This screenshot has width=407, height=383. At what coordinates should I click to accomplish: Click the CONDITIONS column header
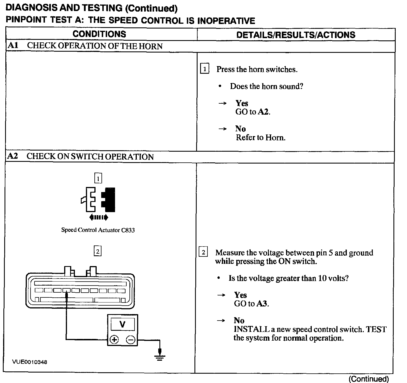pos(99,34)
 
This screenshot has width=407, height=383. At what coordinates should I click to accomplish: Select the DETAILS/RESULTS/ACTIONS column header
pos(296,35)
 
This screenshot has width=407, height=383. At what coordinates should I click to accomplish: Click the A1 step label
pos(13,46)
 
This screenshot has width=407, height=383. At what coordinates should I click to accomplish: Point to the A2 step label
pos(13,156)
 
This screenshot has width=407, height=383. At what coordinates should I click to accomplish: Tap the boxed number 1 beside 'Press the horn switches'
pos(204,69)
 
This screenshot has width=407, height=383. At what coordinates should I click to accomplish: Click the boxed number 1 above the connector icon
pos(98,178)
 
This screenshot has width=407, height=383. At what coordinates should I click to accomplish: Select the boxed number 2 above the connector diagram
pos(98,251)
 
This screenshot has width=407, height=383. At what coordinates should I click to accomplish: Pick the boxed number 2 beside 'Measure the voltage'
pos(203,252)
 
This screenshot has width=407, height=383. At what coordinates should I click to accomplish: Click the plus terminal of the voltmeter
pos(114,339)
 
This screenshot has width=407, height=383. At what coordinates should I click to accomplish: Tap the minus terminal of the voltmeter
pos(130,339)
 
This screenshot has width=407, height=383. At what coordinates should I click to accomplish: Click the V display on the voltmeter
pos(122,324)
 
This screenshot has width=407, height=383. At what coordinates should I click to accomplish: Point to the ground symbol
pos(160,357)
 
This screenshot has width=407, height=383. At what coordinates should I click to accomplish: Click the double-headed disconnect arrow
pos(98,217)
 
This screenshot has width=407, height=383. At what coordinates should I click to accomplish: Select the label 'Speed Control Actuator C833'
pos(98,230)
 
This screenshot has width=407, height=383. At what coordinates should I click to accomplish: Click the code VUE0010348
pos(30,362)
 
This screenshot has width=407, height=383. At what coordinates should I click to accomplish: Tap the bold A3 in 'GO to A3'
pos(262,304)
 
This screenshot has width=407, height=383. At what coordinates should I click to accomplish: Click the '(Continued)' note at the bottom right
pos(369,379)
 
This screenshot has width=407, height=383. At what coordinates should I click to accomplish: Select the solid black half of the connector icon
pos(109,200)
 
